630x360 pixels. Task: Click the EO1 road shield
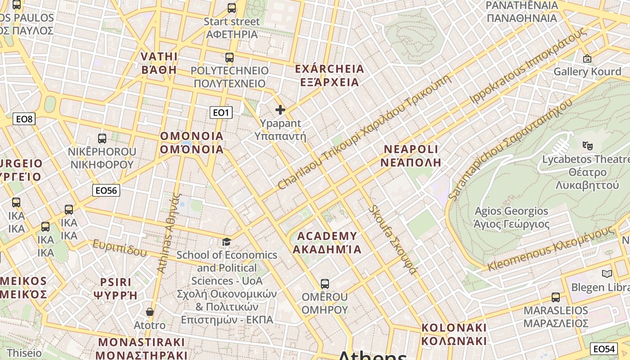[221, 112]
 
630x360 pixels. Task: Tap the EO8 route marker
[24, 119]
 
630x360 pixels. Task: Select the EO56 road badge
[106, 190]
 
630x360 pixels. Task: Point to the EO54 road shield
[603, 349]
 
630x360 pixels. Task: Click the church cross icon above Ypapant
[280, 110]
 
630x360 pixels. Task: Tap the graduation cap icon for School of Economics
[226, 242]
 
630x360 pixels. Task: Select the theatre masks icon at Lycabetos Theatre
[587, 145]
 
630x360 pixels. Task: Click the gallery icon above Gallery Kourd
[587, 58]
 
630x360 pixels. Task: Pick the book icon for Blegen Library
[607, 274]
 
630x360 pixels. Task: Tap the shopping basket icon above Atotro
[150, 312]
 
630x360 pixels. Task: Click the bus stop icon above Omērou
[324, 284]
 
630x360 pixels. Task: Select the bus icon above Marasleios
[556, 297]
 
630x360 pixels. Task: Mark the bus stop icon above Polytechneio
[229, 58]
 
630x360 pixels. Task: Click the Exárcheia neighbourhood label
[329, 76]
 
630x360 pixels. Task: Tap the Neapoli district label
[410, 156]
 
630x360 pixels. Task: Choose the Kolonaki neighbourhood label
[454, 334]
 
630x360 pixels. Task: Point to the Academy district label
[327, 243]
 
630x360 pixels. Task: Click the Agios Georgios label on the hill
[512, 217]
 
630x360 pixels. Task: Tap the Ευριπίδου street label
[120, 248]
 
